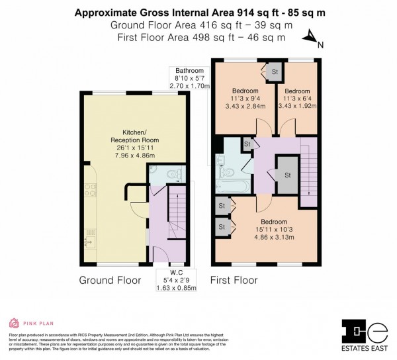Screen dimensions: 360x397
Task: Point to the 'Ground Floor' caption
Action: coord(110,280)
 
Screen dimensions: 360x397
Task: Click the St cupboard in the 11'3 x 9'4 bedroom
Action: coord(274,71)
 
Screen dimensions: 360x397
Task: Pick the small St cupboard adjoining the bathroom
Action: coord(247,144)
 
